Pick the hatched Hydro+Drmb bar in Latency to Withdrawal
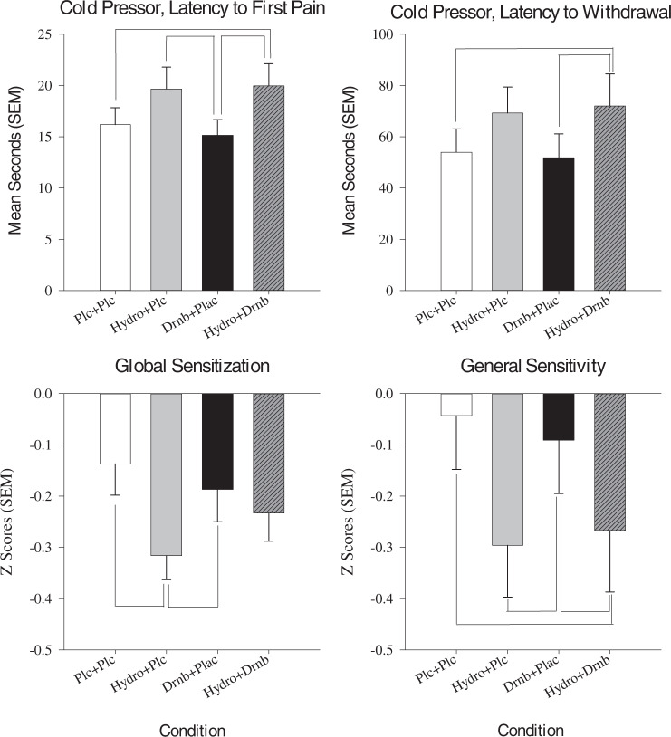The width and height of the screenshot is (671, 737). coord(610,198)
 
